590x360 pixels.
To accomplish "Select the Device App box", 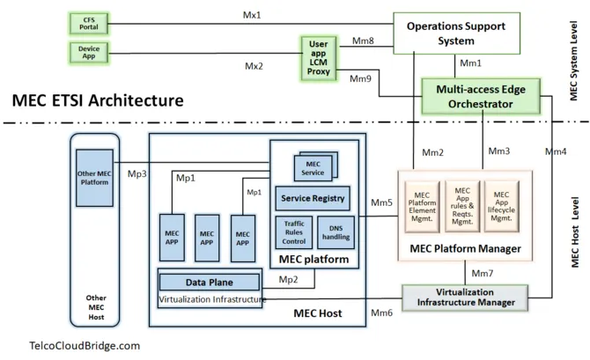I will (88, 51).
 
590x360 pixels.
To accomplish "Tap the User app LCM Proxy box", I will (320, 58).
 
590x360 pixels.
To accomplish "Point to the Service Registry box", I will (312, 198).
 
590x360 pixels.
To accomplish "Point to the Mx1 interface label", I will (253, 15).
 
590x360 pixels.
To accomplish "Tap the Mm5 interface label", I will (381, 204).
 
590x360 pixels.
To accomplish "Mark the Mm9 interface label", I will (360, 79).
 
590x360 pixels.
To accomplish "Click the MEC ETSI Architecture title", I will (93, 100).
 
